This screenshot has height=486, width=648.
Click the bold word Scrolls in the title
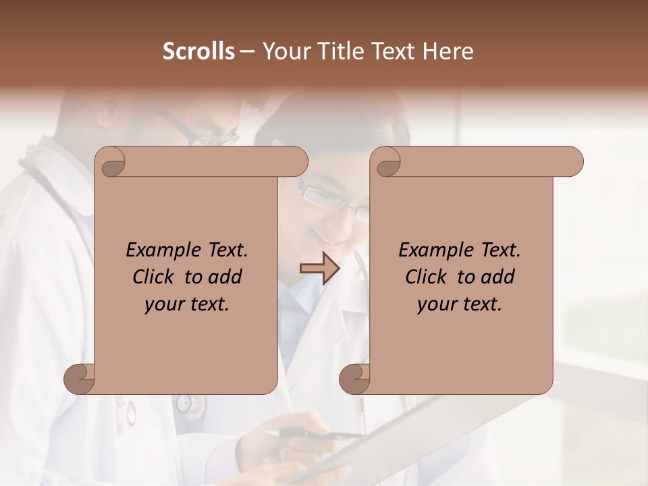(198, 51)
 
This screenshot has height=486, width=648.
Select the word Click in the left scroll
(153, 277)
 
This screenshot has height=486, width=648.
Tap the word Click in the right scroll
(426, 277)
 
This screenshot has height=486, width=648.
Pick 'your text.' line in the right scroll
(460, 304)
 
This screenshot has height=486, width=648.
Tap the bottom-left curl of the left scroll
(80, 379)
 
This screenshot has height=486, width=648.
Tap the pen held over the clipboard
(317, 434)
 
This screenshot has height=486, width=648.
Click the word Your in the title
(283, 51)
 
